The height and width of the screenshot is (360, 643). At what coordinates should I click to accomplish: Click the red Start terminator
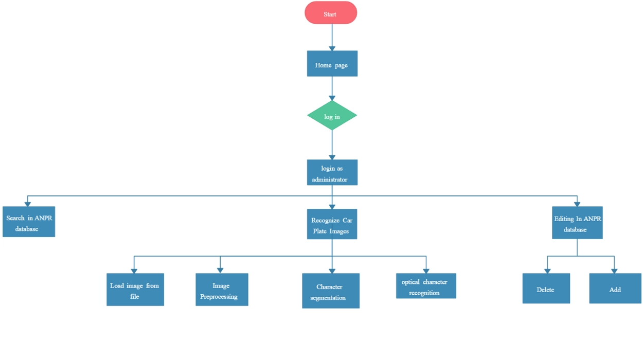coord(331,13)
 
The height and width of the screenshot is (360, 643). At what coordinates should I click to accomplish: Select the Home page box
coord(332,64)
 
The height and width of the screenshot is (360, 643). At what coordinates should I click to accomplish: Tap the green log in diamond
coord(332,116)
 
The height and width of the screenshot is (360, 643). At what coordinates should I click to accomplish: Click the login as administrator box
coord(332,172)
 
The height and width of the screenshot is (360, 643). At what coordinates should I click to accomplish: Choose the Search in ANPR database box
coord(29,222)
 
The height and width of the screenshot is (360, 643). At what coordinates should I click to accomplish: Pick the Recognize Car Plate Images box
coord(332,224)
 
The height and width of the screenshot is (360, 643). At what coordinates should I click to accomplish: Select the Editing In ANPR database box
coord(577,223)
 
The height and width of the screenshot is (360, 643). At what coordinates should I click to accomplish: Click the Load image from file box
coord(135,290)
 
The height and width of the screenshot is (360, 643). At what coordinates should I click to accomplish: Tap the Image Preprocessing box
coord(222,290)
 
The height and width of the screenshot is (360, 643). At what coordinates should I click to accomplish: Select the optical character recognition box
coord(425,286)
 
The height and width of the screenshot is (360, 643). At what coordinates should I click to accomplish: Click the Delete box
coord(546,289)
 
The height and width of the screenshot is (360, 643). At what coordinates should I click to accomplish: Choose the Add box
coord(615,289)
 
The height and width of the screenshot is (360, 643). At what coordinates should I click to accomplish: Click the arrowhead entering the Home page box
coord(332,48)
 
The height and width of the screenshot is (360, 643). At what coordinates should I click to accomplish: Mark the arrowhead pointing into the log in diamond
coord(332,98)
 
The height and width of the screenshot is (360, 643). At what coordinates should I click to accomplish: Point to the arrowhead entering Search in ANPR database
coord(28,204)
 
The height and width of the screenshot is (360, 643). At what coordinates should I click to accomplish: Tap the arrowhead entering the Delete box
coord(547,271)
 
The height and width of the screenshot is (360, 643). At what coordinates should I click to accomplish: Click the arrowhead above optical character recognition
coord(426,271)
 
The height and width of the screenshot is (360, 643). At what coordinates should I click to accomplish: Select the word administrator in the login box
coord(330,179)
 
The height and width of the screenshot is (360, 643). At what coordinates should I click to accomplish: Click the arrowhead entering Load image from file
coord(134,271)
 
